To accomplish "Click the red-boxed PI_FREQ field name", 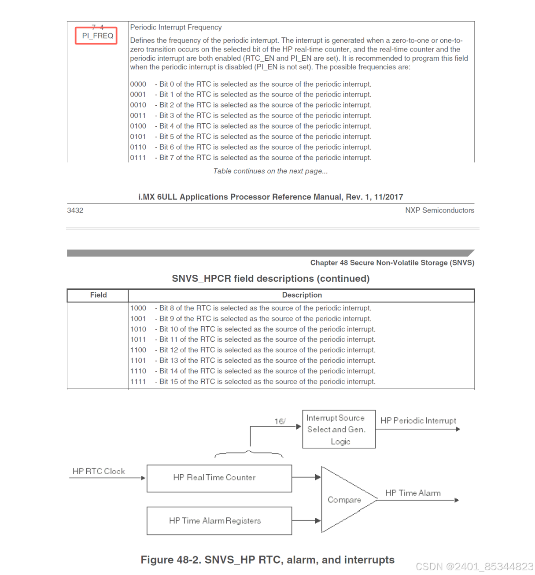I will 97,36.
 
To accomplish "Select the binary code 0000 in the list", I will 138,84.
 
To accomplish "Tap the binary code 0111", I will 138,158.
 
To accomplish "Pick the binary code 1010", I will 138,329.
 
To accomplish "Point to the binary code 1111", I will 138,382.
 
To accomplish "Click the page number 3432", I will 75,210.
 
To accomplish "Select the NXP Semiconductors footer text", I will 439,210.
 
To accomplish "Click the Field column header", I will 98,295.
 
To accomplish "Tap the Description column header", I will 302,295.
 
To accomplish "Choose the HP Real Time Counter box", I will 219,478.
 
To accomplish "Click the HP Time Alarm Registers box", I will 219,521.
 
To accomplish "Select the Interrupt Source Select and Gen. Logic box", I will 339,429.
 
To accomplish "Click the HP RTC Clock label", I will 99,472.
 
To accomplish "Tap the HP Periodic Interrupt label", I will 418,421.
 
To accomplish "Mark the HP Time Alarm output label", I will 413,493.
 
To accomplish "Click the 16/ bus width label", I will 280,421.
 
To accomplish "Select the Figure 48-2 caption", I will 267,560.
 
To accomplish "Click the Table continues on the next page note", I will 270,171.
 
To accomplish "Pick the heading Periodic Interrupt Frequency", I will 176,27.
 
